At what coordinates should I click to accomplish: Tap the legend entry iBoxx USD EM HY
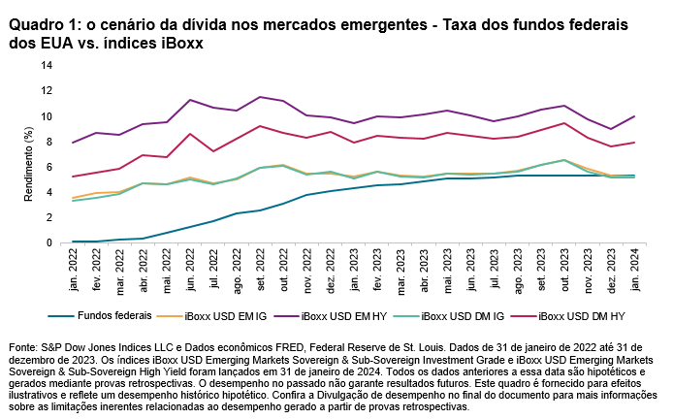pyautogui.click(x=346, y=315)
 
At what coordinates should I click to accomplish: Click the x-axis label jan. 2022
pyautogui.click(x=74, y=268)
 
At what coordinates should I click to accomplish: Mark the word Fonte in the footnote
pyautogui.click(x=22, y=346)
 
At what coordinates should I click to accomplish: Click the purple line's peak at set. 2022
pyautogui.click(x=261, y=97)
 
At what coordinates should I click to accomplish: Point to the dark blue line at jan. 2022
pyautogui.click(x=74, y=242)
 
